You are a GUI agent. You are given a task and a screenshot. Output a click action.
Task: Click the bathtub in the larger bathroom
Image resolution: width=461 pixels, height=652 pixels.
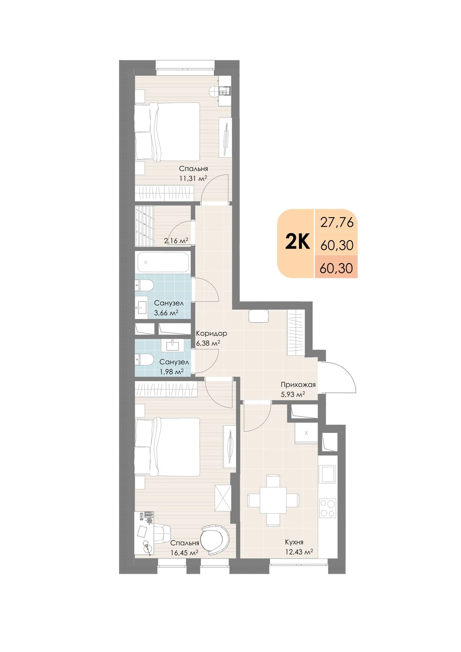(164, 262)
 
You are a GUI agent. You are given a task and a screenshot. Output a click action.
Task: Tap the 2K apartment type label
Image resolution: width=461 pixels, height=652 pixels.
(297, 242)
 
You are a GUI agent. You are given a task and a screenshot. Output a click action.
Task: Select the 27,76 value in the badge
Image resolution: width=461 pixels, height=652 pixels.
(337, 222)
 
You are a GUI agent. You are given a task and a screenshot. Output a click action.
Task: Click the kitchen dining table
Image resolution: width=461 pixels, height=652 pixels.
(273, 500)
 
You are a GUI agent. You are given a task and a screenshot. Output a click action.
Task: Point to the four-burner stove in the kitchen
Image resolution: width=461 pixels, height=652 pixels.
(328, 508)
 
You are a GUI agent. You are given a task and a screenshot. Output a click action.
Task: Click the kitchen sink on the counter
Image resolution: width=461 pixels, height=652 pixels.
(328, 474)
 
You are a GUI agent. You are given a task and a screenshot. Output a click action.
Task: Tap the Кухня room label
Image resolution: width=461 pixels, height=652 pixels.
(294, 542)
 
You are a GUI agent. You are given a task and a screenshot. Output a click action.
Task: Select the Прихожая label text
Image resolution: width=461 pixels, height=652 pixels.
(298, 385)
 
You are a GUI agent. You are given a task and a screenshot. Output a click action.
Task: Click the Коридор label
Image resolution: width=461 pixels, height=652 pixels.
(211, 333)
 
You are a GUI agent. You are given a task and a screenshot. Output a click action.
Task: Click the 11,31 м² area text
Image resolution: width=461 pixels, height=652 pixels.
(193, 178)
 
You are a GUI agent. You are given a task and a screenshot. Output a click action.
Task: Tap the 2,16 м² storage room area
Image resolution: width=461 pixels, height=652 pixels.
(176, 241)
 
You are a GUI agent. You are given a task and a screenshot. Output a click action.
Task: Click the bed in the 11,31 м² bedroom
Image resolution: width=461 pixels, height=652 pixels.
(167, 132)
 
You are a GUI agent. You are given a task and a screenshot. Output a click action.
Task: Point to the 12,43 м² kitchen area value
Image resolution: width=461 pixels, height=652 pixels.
(299, 552)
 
